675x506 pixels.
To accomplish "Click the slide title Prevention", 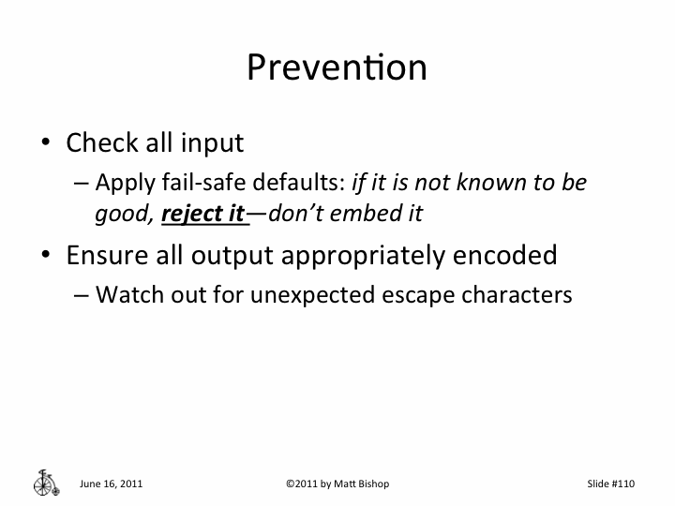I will pyautogui.click(x=337, y=67).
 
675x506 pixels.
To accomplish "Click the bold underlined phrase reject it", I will pyautogui.click(x=203, y=214).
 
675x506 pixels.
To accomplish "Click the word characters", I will pyautogui.click(x=510, y=294).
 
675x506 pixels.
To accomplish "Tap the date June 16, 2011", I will pyautogui.click(x=112, y=484).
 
